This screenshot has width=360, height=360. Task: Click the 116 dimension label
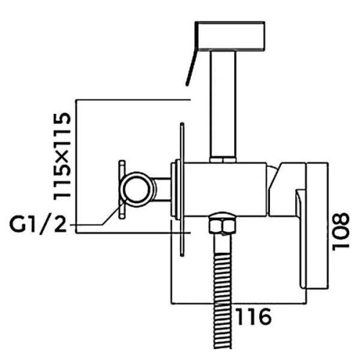254,317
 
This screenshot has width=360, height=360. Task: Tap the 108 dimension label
341,232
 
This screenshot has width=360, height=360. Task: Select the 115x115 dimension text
62,156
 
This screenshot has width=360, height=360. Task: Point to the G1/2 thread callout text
37,224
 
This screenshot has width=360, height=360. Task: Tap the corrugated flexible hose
222,300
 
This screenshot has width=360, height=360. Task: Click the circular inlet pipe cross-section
136,189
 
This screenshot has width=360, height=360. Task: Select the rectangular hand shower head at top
230,36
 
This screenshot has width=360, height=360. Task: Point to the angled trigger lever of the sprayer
192,67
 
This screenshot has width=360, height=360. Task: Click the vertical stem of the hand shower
222,104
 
